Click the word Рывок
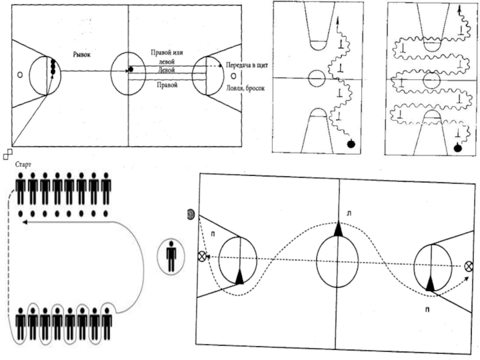coord(83,53)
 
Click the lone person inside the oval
coord(172,256)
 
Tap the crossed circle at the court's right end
coord(469,266)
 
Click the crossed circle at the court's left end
coord(202,256)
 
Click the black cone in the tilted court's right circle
coord(430,284)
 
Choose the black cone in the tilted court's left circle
coord(240,276)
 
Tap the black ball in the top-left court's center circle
coord(130,70)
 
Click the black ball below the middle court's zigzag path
coord(351,143)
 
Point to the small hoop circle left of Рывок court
coord(20,75)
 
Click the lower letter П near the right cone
coord(427,310)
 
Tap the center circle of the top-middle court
coord(316,77)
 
